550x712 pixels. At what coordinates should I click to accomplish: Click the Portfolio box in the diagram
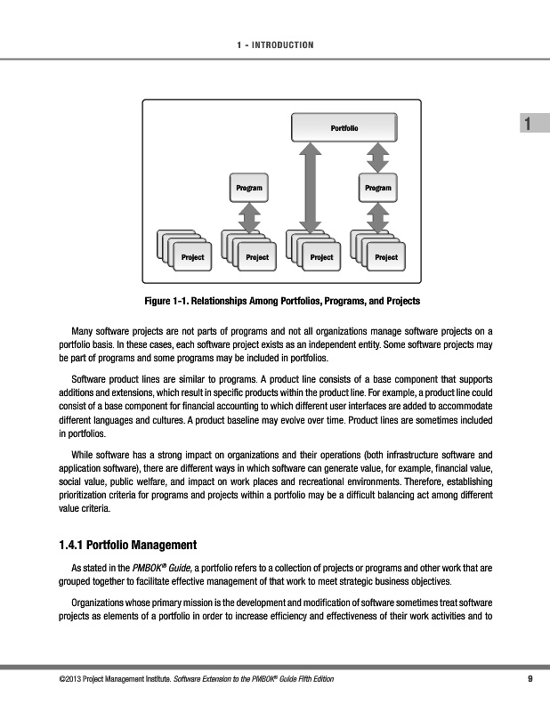(344, 128)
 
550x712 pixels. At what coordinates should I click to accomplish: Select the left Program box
(249, 188)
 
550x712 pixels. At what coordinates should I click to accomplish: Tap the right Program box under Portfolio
(378, 188)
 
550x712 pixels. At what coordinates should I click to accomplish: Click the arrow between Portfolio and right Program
(378, 158)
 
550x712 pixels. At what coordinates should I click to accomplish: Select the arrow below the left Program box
(249, 215)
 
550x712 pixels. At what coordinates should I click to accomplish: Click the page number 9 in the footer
(530, 681)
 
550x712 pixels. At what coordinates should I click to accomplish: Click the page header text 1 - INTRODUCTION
(274, 44)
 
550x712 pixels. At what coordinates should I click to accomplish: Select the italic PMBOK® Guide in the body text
(158, 566)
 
